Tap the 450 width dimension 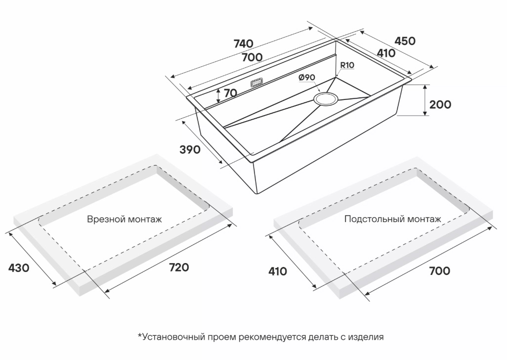click(405, 41)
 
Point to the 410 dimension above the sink click(385, 53)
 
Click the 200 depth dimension click(440, 104)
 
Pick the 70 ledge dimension click(230, 92)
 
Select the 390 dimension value click(190, 149)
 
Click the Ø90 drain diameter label click(307, 78)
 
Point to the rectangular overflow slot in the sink click(257, 83)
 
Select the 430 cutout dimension click(19, 268)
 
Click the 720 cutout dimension click(179, 268)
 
